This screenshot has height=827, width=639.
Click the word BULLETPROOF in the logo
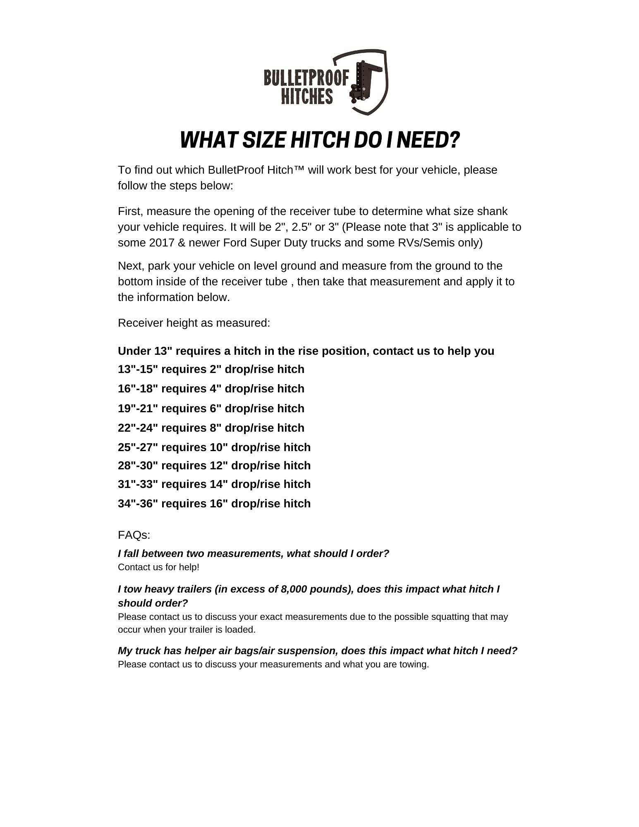(306, 78)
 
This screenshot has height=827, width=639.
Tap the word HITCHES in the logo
(307, 96)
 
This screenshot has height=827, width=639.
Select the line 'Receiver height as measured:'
(194, 323)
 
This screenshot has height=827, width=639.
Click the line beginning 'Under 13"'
(306, 351)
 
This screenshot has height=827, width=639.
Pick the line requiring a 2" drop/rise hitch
(211, 369)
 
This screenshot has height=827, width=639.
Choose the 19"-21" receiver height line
(211, 409)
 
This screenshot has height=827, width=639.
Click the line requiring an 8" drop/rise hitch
(211, 428)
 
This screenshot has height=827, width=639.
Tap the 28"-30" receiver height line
(214, 466)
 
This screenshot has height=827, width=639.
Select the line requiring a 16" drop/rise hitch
(214, 504)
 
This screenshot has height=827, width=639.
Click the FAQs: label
(134, 535)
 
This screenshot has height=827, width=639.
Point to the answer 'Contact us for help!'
(158, 567)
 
